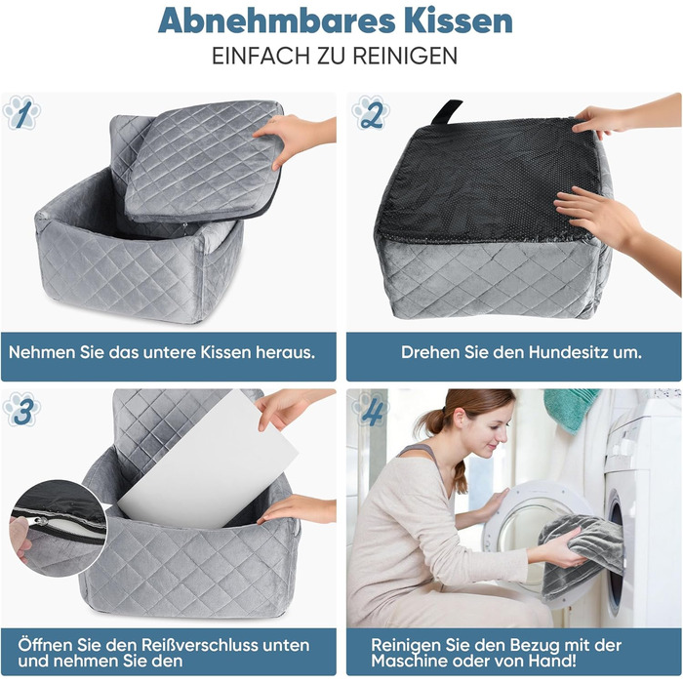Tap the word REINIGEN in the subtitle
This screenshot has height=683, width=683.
pos(405,56)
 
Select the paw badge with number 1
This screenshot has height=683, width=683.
pos(21,113)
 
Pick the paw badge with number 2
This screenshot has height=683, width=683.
pos(371,113)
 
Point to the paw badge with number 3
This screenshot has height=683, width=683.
pos(21,410)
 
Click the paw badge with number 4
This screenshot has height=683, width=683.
pos(371,410)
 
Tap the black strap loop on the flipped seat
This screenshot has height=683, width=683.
pos(447,112)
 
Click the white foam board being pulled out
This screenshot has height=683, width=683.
pos(209,462)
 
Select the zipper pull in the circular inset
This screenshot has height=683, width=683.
pos(42,521)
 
